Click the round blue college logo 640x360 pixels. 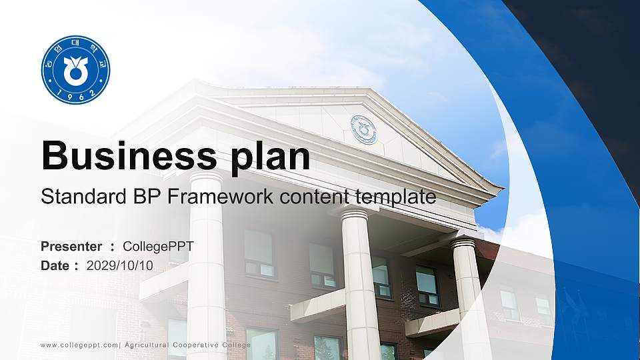point(75,70)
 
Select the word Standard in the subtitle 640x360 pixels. point(74,197)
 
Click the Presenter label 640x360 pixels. point(71,247)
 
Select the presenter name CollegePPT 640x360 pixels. point(159,247)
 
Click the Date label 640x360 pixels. point(55,265)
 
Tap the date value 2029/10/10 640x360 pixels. point(120,265)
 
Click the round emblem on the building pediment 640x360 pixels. point(363,129)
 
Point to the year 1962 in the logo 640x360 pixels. point(75,95)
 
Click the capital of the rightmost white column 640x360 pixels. point(463,243)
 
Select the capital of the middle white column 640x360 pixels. point(355,213)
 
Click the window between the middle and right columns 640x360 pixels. point(427,286)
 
